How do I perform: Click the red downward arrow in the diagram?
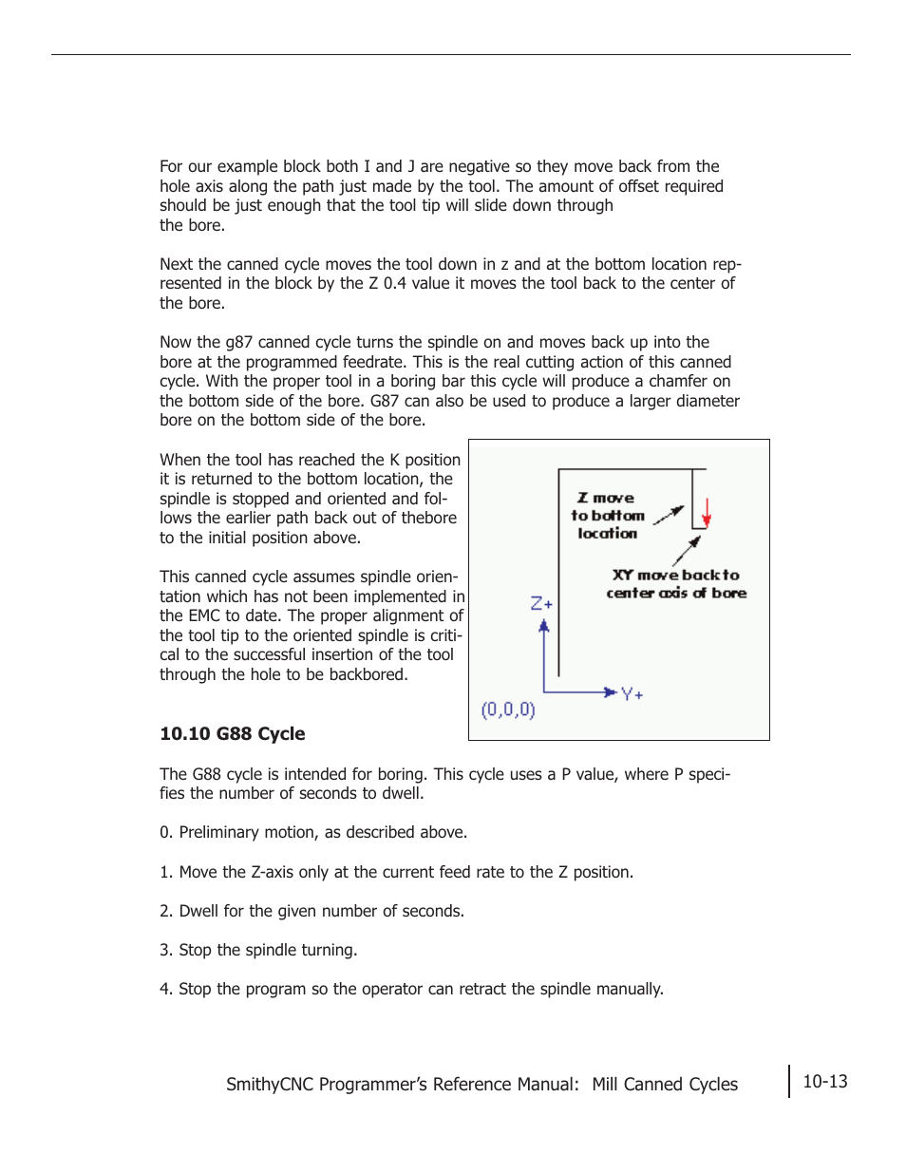(x=706, y=513)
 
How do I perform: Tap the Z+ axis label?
(x=541, y=603)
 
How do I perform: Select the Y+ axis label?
(x=632, y=694)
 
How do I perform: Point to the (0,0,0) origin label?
(x=508, y=709)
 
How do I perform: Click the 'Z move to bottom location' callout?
(x=608, y=516)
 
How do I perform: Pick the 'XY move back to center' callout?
(x=676, y=584)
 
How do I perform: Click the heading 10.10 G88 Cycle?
(x=233, y=733)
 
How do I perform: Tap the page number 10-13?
(x=824, y=1082)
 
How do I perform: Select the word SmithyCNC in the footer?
(x=270, y=1085)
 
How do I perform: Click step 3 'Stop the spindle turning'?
(x=258, y=950)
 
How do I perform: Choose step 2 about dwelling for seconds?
(x=311, y=911)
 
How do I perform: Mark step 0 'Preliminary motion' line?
(x=313, y=832)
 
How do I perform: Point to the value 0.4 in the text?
(x=395, y=283)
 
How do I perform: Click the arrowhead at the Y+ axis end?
(x=610, y=692)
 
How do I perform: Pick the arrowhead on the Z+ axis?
(x=544, y=626)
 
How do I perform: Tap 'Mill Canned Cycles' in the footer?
(x=665, y=1085)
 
